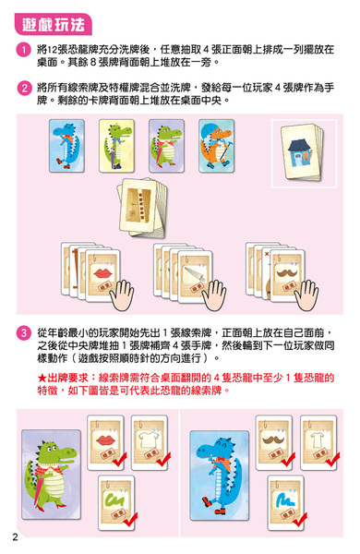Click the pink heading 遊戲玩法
point(53,24)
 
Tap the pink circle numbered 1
point(24,50)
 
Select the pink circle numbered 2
point(24,88)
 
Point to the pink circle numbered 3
point(24,333)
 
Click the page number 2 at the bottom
point(15,537)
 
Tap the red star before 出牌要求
point(42,378)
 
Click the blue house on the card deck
point(300,153)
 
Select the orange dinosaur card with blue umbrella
point(217,146)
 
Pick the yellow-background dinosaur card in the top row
point(116,146)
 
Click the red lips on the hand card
point(102,273)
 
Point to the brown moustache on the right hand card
point(287,272)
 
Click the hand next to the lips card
point(122,295)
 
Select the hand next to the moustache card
point(306,295)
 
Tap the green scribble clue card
point(116,502)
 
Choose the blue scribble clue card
point(285,502)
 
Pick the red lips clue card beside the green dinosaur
point(105,442)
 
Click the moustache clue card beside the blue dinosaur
point(274,442)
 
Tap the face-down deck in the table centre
point(142,207)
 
